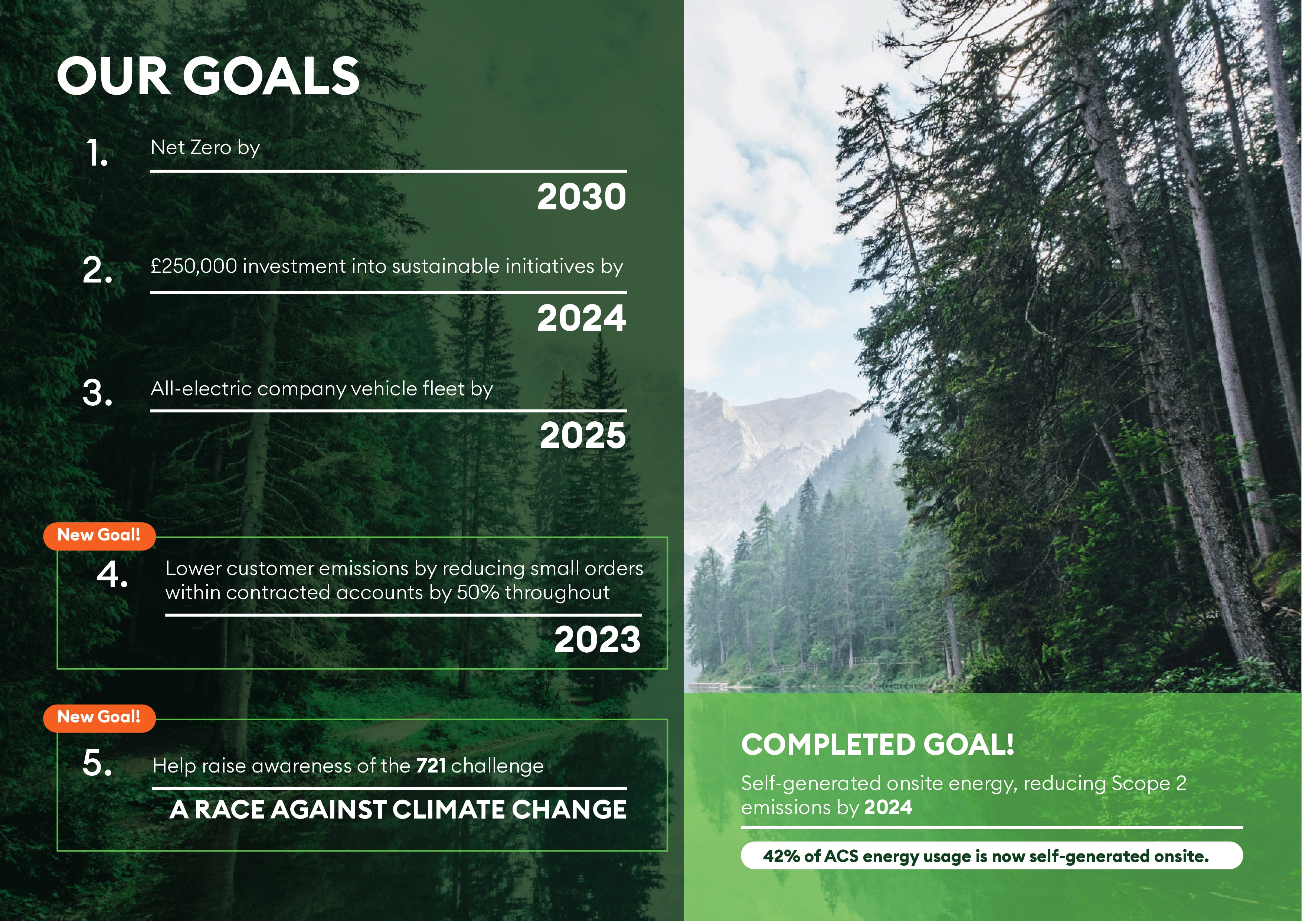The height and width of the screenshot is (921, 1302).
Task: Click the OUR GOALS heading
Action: tap(208, 76)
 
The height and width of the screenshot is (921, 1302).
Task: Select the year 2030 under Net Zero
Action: tap(582, 197)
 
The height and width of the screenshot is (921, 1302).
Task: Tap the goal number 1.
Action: tap(96, 153)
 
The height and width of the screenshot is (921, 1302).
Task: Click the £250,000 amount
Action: tap(194, 266)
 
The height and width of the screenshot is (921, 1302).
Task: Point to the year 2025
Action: tap(583, 435)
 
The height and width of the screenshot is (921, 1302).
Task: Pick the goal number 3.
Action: tap(98, 393)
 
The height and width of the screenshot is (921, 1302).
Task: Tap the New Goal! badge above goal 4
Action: tap(99, 535)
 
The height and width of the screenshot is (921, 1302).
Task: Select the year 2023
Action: tap(598, 640)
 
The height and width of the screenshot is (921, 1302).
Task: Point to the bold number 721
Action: tap(431, 765)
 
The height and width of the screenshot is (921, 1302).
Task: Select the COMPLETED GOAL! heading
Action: tap(878, 745)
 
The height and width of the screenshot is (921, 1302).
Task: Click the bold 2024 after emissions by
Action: tap(888, 807)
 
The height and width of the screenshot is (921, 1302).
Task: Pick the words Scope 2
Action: tap(1149, 784)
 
